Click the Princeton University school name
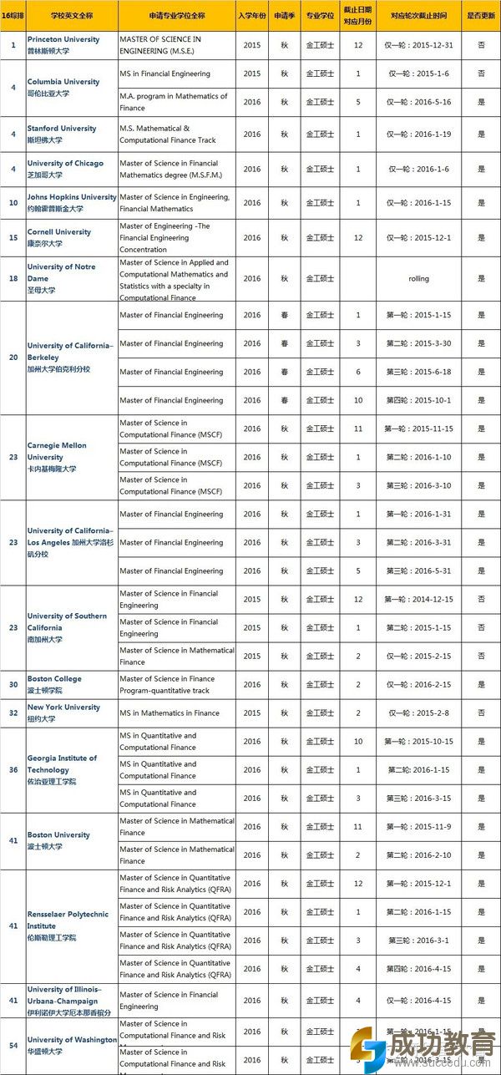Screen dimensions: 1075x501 [x=63, y=39]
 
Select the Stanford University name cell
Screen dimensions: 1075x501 [x=61, y=129]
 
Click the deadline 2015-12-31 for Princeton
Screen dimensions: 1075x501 [x=418, y=45]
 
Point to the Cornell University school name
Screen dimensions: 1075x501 [x=59, y=232]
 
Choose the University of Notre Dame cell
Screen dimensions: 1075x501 [x=61, y=272]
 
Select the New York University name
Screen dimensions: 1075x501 [x=63, y=707]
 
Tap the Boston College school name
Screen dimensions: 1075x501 [x=54, y=679]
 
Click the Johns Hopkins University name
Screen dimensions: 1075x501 [x=72, y=197]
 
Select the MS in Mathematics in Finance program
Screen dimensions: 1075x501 [x=170, y=713]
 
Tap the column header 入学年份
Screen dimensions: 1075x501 [x=251, y=16]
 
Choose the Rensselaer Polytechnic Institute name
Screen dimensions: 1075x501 [x=68, y=920]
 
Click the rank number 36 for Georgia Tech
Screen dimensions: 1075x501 [x=13, y=770]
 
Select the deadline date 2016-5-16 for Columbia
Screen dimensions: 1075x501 [x=418, y=102]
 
